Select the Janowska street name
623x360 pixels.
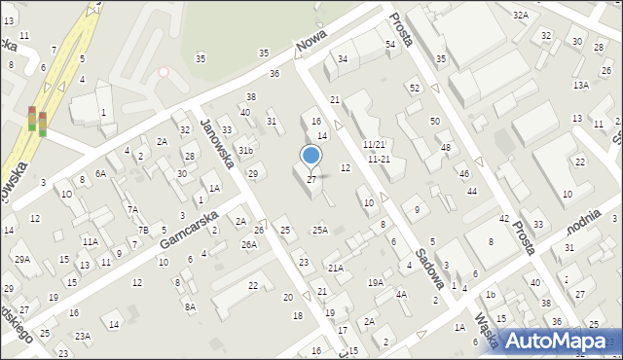tap(217, 140)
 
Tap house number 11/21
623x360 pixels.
tap(374, 144)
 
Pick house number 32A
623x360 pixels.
tap(521, 15)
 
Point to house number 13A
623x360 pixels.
tap(580, 86)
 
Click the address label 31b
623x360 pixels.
tap(246, 151)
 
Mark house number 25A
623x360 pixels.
tap(319, 230)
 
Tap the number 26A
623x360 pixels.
tap(249, 244)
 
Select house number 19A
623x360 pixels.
tap(375, 282)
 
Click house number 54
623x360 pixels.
tap(390, 44)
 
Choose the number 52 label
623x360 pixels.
tap(414, 88)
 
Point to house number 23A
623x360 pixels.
tap(83, 336)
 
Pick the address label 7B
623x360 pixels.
tap(143, 230)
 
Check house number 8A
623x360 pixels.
tap(191, 306)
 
